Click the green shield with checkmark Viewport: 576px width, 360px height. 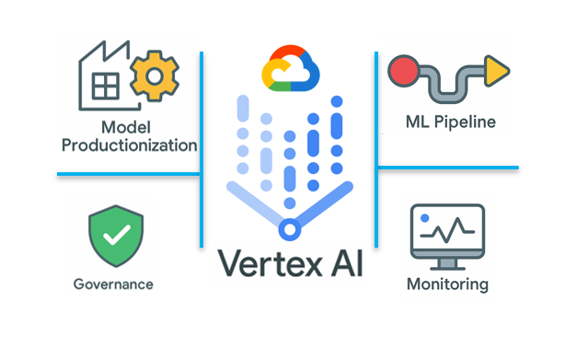pos(115,236)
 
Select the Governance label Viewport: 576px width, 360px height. pos(113,284)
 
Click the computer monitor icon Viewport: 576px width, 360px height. pos(446,236)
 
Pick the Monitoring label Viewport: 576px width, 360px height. pos(447,284)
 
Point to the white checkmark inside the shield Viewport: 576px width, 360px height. pos(116,235)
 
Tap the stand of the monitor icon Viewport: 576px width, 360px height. pos(446,261)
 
